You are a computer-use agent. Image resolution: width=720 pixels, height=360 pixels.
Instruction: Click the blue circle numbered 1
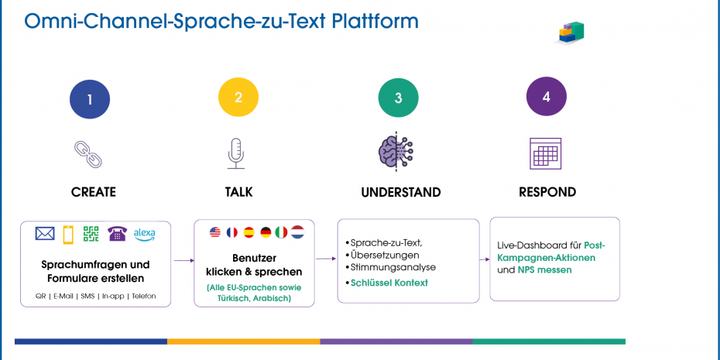pos(90,99)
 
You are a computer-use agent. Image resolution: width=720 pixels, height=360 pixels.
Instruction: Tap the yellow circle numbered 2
pos(238,98)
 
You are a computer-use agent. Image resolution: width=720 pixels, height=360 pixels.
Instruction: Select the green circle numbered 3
pos(398,98)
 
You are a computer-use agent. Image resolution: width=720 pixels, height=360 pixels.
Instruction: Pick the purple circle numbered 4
pos(547,98)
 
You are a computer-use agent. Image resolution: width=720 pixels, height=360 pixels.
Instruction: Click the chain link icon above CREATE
pos(87,154)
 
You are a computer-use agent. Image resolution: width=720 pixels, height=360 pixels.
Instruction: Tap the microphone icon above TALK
pos(236,153)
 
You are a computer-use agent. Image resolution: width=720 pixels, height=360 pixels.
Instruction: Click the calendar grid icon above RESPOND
pos(545,153)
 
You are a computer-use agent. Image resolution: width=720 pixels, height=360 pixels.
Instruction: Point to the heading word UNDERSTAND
pos(400,192)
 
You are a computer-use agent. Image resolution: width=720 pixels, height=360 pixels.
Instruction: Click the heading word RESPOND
pos(547,191)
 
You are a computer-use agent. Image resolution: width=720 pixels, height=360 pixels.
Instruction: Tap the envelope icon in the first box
pos(45,234)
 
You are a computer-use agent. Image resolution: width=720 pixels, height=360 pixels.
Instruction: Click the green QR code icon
pos(92,234)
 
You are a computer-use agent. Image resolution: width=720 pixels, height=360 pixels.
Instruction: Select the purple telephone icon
pos(117,234)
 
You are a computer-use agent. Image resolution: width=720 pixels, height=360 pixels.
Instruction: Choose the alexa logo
pos(145,233)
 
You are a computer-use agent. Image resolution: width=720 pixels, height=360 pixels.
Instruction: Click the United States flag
pos(215,231)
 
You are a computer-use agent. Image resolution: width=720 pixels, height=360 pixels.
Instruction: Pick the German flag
pos(266,231)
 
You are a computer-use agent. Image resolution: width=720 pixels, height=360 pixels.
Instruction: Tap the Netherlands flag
pos(297,231)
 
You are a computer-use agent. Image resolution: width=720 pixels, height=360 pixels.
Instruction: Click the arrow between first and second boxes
pos(183,261)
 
